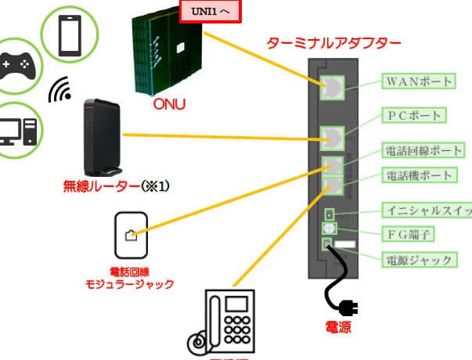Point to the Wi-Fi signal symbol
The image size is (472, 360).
60,92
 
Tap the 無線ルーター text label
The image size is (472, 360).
116,186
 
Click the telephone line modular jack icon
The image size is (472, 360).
130,234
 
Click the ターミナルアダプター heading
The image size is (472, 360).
333,44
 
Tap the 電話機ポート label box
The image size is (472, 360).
416,176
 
